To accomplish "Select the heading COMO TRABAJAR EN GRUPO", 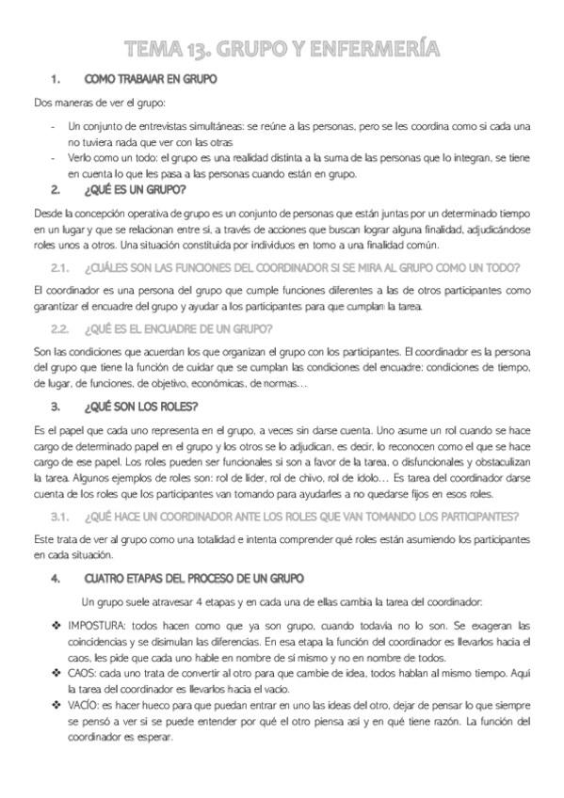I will [150, 80].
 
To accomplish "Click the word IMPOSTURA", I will [96, 625].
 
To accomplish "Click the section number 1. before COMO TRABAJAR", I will [56, 80].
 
